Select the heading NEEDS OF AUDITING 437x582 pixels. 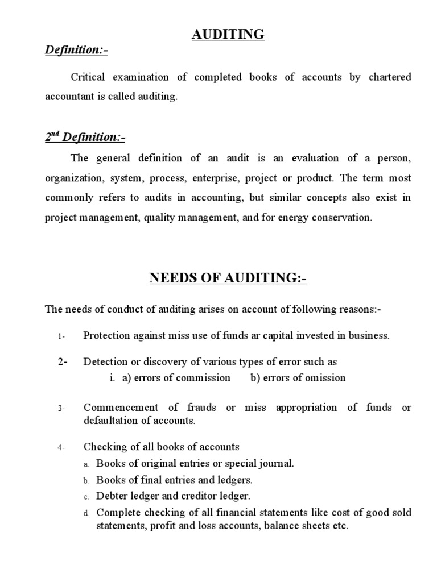point(228,278)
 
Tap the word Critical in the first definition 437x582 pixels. point(89,77)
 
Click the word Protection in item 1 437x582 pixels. point(107,335)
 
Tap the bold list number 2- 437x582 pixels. point(63,362)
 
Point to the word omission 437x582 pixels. point(325,378)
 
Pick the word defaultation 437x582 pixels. point(111,421)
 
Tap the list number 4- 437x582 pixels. point(61,448)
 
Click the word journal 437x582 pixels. point(275,464)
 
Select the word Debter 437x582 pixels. point(112,495)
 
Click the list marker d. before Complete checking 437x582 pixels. point(86,513)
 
